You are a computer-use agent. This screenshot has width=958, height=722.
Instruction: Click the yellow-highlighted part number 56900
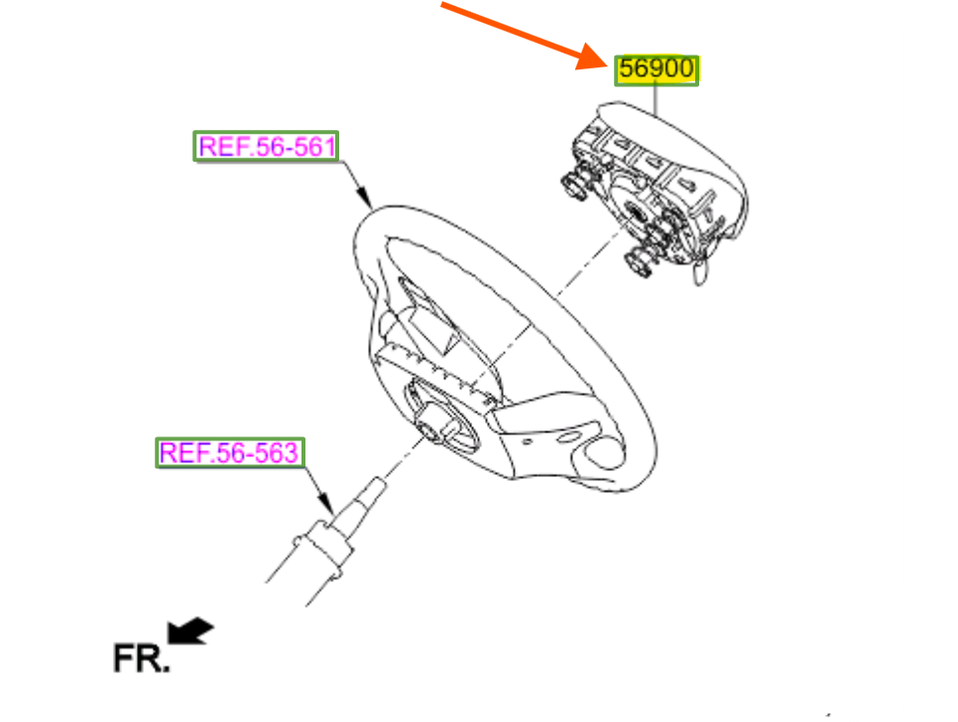point(657,70)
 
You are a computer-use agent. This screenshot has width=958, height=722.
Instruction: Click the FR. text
point(140,659)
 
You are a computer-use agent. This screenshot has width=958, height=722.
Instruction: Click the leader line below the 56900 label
point(656,98)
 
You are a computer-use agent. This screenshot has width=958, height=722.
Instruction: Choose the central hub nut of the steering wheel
point(433,425)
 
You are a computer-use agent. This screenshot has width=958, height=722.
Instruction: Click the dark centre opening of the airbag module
point(631,210)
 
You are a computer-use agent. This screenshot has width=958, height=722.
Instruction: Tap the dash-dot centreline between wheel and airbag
point(555,298)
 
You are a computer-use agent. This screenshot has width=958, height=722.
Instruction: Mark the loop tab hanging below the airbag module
point(701,269)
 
